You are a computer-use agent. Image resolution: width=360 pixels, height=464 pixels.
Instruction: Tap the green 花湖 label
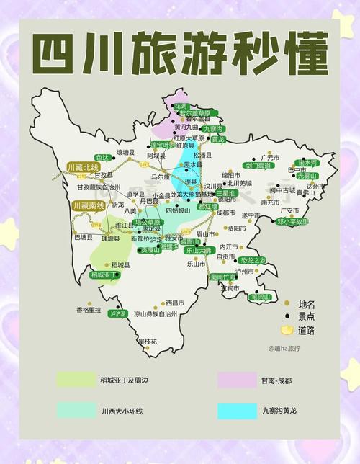pos(180,106)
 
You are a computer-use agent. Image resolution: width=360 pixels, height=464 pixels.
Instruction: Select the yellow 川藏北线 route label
pos(84,166)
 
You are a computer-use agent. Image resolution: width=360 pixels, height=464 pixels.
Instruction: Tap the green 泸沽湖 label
pos(117,313)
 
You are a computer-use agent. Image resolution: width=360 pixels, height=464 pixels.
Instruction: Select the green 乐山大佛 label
pos(198,251)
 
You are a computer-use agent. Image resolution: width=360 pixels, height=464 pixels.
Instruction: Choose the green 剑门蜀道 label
pos(258,166)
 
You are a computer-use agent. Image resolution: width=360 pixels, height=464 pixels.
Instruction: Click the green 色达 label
pos(102,157)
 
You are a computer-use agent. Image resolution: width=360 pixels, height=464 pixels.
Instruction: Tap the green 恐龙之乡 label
pos(253,259)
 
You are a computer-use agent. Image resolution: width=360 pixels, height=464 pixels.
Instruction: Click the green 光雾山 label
pos(307,175)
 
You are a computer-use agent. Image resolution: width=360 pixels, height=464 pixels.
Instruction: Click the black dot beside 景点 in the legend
pos(287,316)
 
